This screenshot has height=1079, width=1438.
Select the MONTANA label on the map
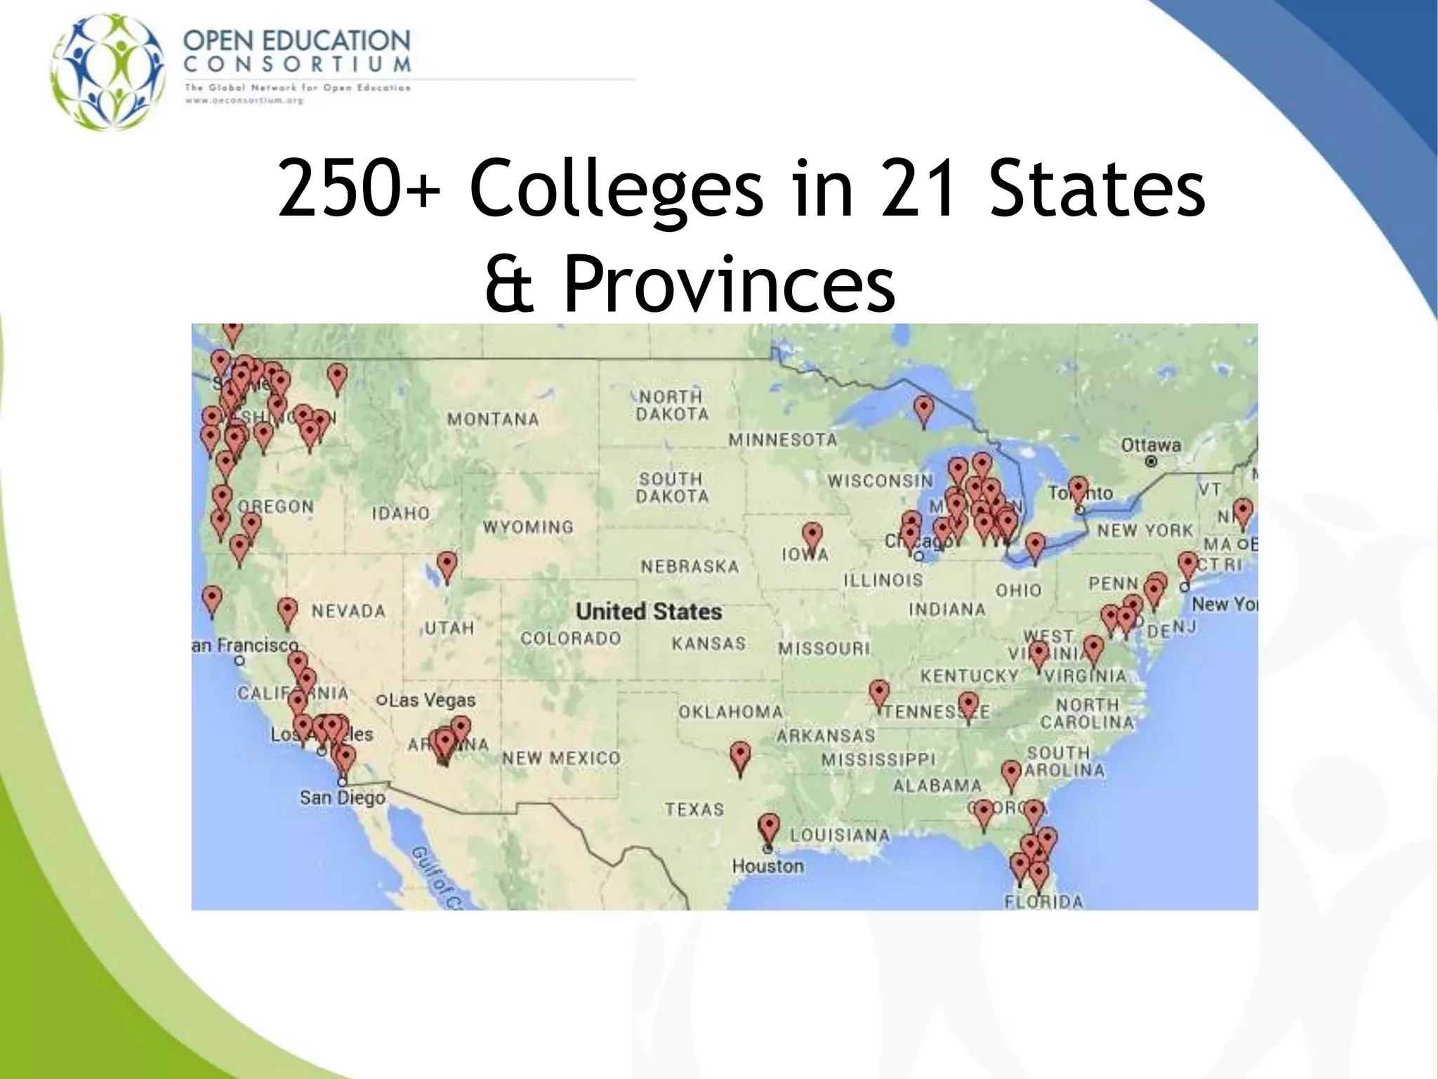[x=493, y=419]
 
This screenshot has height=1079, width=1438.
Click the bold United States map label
[x=649, y=611]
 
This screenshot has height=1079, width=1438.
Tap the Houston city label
[x=767, y=865]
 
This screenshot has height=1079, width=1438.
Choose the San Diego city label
[x=343, y=798]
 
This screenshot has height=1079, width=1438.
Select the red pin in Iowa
[x=812, y=536]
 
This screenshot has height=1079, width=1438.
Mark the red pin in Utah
[x=447, y=565]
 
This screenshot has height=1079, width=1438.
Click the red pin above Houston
[x=770, y=828]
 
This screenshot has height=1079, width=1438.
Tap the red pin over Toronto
[x=1078, y=489]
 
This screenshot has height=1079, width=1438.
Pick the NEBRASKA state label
[x=690, y=566]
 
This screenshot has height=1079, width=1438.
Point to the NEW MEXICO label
[x=561, y=758]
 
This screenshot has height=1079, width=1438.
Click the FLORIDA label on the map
[x=1043, y=901]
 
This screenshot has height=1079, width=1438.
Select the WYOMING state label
[x=528, y=527]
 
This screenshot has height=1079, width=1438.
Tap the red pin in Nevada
[x=287, y=611]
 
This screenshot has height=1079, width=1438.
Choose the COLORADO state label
[x=570, y=639]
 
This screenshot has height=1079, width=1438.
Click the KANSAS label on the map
[x=708, y=643]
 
